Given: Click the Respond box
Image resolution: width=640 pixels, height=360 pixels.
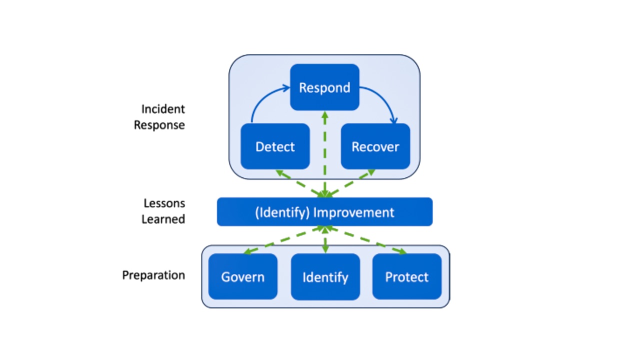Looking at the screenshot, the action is pyautogui.click(x=324, y=87).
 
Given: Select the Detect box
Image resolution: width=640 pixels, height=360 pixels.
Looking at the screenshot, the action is pyautogui.click(x=275, y=146).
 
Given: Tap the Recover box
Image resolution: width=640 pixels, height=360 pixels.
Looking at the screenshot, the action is pyautogui.click(x=375, y=146).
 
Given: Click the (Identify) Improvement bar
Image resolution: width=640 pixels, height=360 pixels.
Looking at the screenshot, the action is pyautogui.click(x=324, y=211).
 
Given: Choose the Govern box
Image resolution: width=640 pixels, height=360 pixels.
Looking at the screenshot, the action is pyautogui.click(x=243, y=276).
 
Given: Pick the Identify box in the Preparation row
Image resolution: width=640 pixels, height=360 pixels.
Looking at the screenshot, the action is pyautogui.click(x=325, y=276).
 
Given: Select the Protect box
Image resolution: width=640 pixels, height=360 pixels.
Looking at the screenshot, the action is pyautogui.click(x=407, y=276).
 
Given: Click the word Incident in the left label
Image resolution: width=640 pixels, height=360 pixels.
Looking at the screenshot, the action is pyautogui.click(x=163, y=109).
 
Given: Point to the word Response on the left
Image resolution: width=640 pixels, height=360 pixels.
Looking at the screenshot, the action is pyautogui.click(x=159, y=125).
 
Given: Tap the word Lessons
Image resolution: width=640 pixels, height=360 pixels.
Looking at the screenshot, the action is pyautogui.click(x=164, y=203).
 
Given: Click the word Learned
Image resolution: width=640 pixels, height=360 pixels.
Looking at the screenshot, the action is pyautogui.click(x=163, y=219).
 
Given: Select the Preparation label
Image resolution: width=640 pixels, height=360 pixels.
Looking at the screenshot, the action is pyautogui.click(x=153, y=275).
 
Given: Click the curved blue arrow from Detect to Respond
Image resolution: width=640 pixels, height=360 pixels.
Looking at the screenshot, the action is pyautogui.click(x=263, y=97).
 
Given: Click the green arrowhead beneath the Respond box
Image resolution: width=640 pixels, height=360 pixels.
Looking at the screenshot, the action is pyautogui.click(x=325, y=115).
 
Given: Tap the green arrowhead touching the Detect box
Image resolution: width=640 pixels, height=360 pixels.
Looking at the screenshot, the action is pyautogui.click(x=280, y=173).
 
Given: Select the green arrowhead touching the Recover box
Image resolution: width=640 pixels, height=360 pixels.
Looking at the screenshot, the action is pyautogui.click(x=370, y=172).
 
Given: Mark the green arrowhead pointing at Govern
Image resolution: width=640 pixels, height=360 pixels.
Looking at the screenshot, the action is pyautogui.click(x=248, y=251).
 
